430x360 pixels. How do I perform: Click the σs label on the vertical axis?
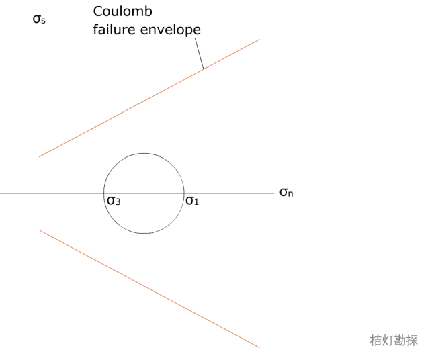coord(40,19)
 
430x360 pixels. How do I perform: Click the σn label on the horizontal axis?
coord(287,193)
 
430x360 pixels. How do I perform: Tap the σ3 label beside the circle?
coord(113,200)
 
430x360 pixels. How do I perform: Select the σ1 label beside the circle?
coord(192,200)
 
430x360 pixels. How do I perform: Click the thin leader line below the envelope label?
coord(198,54)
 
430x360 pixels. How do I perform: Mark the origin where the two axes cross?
coord(38,193)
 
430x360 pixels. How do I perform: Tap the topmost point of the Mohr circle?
coord(143,153)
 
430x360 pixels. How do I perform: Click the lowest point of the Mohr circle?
coord(143,234)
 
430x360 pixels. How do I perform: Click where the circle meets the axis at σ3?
coord(103,193)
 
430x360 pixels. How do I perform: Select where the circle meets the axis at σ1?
coord(183,193)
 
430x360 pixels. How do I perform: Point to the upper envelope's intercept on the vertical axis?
coord(38,157)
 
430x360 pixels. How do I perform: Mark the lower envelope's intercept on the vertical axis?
coord(38,230)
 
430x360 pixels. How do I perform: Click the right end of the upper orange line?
coord(259,39)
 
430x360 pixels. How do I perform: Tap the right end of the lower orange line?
coord(259,347)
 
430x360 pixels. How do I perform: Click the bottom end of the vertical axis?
coord(38,317)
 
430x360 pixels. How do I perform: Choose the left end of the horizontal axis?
coord(1,193)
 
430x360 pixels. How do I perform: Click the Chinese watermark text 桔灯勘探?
coord(393,341)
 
